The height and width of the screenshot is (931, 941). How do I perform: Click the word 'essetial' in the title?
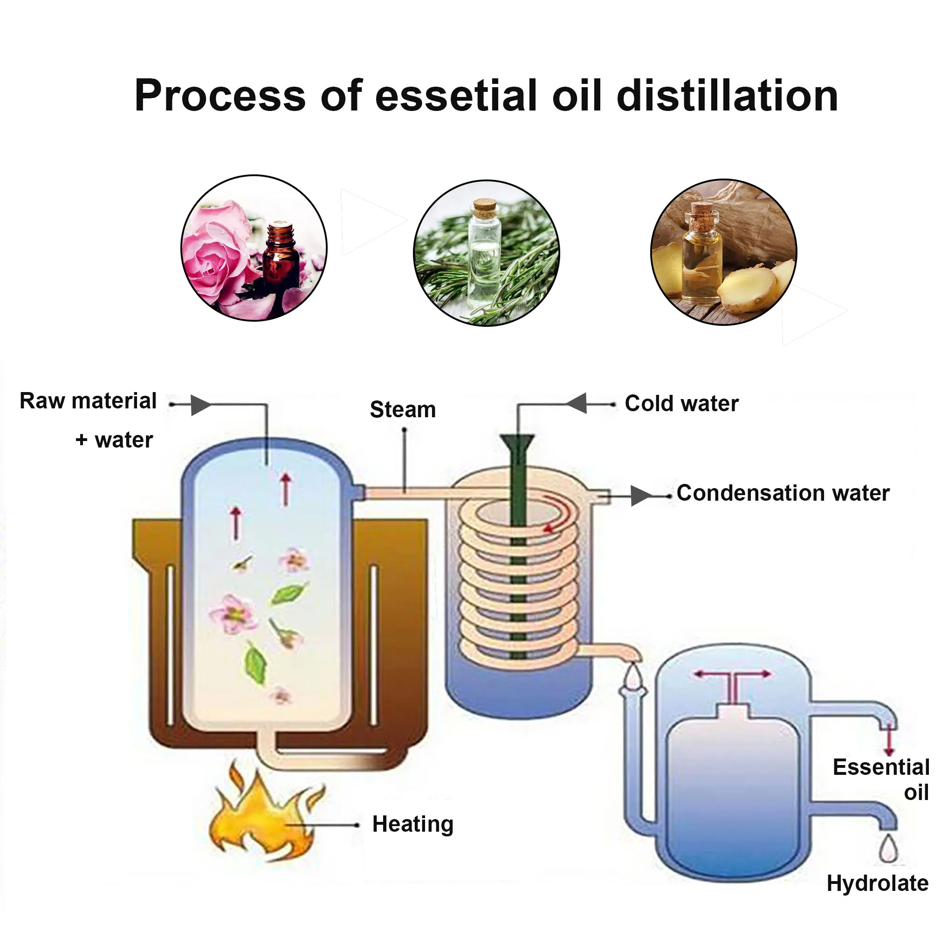coord(455,97)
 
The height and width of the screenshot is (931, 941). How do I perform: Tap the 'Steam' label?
coord(402,410)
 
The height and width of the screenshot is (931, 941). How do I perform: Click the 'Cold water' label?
coord(681,404)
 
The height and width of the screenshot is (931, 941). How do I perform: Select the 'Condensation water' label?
coord(783,494)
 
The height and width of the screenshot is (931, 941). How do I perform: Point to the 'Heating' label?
coord(412,824)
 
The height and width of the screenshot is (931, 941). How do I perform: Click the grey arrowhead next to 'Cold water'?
coord(577,404)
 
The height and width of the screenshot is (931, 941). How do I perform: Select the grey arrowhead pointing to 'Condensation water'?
coord(641,496)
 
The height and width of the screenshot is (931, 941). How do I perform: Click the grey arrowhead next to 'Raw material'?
coord(199,405)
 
